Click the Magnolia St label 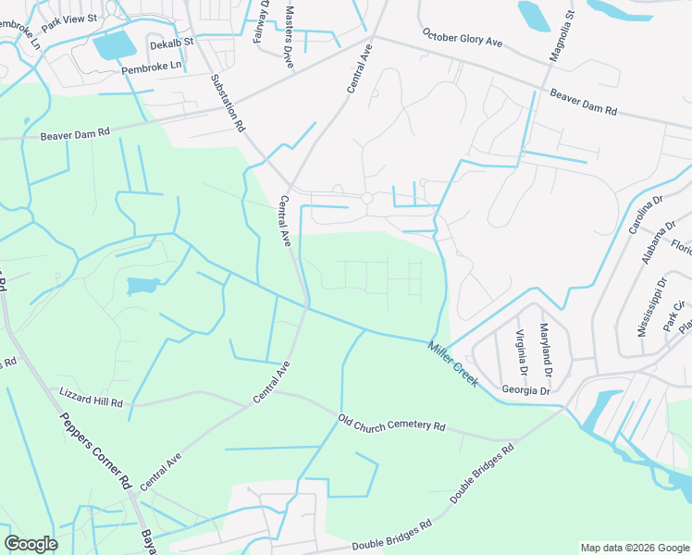pos(562,36)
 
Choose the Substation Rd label pos(228,102)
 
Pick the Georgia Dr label pos(525,390)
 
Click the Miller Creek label pos(452,364)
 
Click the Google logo pos(31,544)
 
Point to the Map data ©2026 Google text pos(634,548)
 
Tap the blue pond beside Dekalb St pos(114,44)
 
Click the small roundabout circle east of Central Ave pos(366,199)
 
